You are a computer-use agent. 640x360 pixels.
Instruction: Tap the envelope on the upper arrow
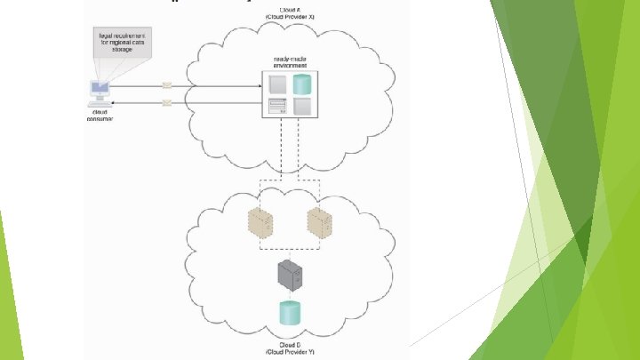pos(168,85)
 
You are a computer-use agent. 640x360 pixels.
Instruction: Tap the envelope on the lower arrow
pos(168,103)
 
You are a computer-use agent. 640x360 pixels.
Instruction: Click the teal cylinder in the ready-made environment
pos(302,84)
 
